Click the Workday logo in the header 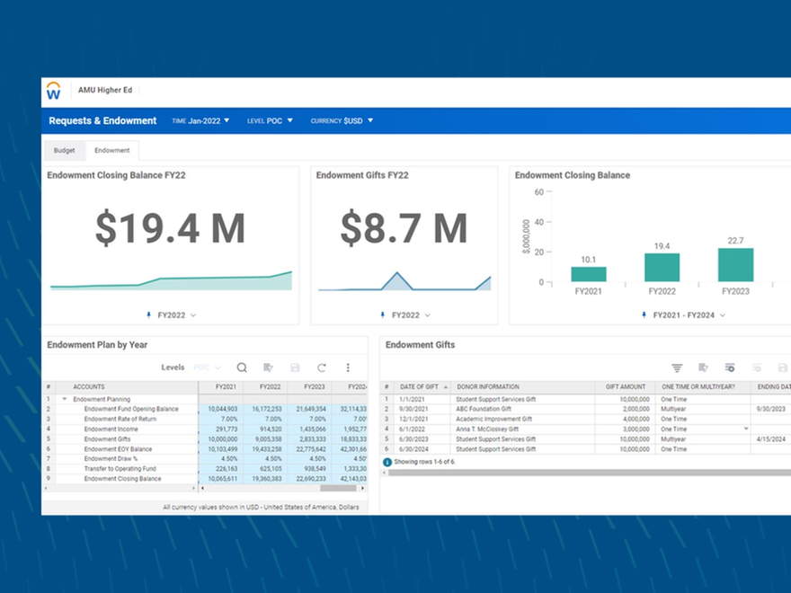click(x=54, y=91)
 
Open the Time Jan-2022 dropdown click(x=201, y=120)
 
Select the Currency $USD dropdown click(x=342, y=120)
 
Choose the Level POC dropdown click(x=271, y=120)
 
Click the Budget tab click(x=64, y=150)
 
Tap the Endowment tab click(x=112, y=150)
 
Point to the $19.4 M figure click(x=170, y=228)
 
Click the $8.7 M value click(x=404, y=228)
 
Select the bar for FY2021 click(x=589, y=274)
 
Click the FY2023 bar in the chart click(x=735, y=265)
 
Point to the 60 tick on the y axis click(x=538, y=192)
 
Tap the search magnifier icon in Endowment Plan click(x=242, y=367)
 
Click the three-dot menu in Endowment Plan click(x=348, y=367)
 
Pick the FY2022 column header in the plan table click(x=270, y=386)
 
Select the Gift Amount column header click(x=626, y=387)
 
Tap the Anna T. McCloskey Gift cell click(x=495, y=429)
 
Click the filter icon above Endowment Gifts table click(x=677, y=367)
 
